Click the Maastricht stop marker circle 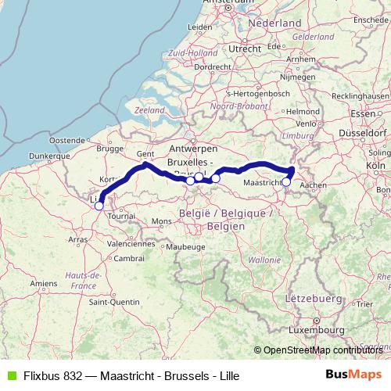tap(286, 182)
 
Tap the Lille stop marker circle tap(99, 205)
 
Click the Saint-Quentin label tap(113, 302)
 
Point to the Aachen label tap(313, 185)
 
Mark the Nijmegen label tap(296, 77)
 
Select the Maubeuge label tap(186, 247)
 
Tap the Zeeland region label tap(150, 111)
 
